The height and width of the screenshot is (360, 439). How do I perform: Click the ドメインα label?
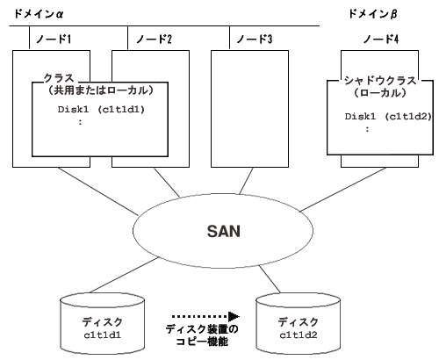[x=39, y=13]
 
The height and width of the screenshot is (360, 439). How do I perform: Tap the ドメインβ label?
[x=372, y=14]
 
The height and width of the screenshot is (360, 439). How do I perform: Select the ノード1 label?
[x=54, y=39]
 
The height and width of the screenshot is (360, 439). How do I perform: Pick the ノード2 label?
[x=154, y=39]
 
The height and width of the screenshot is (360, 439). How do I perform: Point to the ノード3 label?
[x=255, y=39]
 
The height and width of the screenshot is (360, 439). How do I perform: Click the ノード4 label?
[x=381, y=39]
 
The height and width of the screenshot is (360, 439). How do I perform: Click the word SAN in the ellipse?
[x=224, y=231]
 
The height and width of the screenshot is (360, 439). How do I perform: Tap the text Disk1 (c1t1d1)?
[x=101, y=110]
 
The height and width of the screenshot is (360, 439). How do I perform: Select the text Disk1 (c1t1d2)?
[x=388, y=117]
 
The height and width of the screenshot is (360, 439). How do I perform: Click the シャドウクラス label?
[x=380, y=80]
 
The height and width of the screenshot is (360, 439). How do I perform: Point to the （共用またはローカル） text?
[x=100, y=90]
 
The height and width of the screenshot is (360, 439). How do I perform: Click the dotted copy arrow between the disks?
[x=205, y=316]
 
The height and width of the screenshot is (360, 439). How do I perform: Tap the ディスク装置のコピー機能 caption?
[x=202, y=335]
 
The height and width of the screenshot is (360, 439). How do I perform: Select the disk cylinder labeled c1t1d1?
[x=102, y=323]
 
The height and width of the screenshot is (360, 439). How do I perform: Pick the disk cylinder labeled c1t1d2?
[x=299, y=323]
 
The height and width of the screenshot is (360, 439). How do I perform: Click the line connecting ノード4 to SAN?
[x=343, y=190]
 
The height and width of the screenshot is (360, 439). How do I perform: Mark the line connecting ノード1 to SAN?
[x=97, y=191]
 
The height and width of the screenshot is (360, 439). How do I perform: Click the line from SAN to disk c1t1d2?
[x=270, y=279]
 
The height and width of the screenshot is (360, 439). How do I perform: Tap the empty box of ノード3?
[x=249, y=109]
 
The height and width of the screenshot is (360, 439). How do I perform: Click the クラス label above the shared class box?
[x=59, y=78]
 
